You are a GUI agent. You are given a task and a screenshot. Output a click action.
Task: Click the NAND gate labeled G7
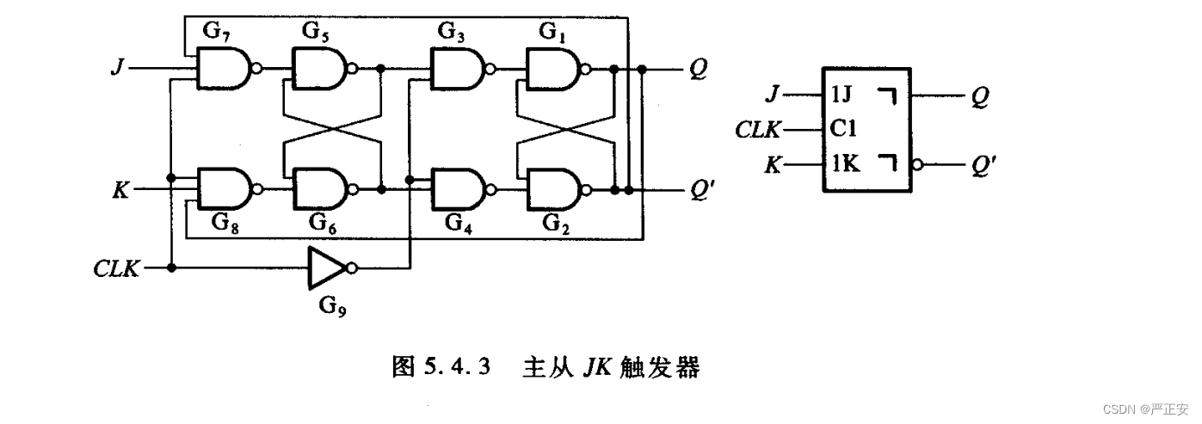(x=225, y=69)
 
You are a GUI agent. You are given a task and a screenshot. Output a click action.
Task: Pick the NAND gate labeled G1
(x=555, y=70)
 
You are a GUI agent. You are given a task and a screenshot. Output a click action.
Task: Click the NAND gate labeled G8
(x=225, y=189)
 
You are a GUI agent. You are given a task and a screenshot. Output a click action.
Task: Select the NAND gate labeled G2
(x=555, y=189)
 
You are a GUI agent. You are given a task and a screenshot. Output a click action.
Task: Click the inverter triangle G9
(x=327, y=267)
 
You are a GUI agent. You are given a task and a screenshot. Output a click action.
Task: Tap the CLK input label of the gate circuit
(x=116, y=268)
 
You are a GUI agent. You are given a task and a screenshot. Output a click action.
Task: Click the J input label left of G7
(x=118, y=68)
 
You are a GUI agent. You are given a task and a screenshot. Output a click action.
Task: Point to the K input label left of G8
(x=120, y=189)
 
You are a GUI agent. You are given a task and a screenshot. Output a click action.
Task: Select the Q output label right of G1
(x=698, y=70)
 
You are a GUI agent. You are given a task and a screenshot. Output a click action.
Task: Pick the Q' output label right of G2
(x=702, y=189)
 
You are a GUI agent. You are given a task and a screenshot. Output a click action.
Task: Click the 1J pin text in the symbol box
(x=841, y=95)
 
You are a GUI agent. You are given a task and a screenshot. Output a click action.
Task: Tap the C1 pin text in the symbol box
(x=843, y=128)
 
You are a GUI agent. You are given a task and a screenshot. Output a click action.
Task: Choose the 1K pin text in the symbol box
(x=845, y=163)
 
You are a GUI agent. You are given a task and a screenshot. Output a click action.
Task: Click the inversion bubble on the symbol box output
(x=917, y=164)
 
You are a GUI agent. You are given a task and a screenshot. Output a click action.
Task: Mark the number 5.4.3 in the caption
(x=457, y=366)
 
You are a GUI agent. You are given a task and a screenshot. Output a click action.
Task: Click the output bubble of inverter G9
(x=351, y=267)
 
